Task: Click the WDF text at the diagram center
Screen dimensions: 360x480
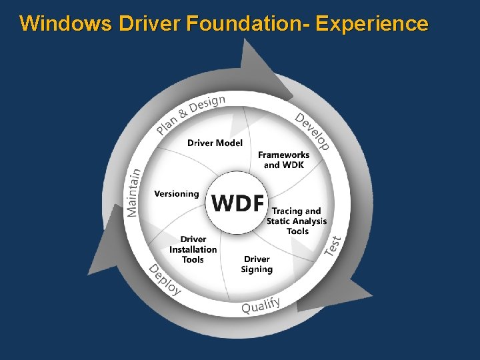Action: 238,202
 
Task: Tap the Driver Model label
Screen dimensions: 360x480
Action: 215,143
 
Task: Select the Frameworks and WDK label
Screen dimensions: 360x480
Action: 283,160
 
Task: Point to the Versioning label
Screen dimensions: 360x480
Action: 176,194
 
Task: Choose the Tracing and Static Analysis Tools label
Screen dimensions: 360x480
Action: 297,221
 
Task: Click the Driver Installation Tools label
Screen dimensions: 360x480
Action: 193,249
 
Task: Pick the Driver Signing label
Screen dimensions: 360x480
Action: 257,264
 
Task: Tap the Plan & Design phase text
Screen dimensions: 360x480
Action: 191,113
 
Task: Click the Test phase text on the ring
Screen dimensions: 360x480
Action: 333,245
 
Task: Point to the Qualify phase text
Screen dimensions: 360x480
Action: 261,305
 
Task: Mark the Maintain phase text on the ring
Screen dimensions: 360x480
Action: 134,192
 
